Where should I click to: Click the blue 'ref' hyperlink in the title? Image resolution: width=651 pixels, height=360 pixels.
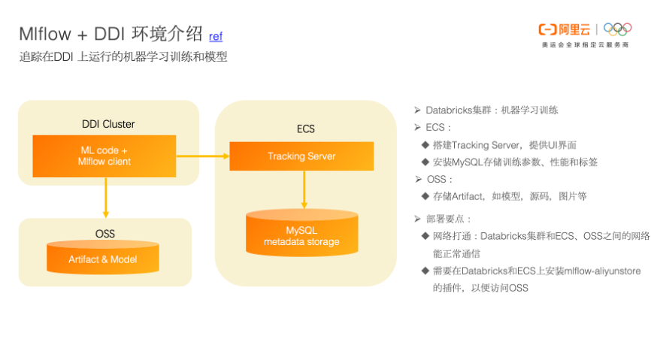(x=215, y=35)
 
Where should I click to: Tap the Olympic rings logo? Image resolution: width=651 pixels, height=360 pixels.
(x=617, y=29)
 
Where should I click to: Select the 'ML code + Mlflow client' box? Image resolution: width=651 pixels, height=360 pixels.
(x=104, y=156)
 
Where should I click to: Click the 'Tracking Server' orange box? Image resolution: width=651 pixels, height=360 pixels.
(x=301, y=156)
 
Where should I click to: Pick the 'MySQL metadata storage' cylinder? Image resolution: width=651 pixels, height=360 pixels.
(x=301, y=235)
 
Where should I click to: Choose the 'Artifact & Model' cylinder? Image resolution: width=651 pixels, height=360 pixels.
(x=103, y=259)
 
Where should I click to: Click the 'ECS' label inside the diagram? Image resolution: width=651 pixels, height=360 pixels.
(x=305, y=129)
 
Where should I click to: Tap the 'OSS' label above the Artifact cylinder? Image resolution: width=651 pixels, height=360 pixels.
(x=104, y=234)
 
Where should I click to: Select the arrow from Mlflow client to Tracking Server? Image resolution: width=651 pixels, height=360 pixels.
(x=202, y=156)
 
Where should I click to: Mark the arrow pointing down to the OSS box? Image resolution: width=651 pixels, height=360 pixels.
(x=106, y=198)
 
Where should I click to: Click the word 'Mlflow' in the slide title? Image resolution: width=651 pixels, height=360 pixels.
(x=47, y=34)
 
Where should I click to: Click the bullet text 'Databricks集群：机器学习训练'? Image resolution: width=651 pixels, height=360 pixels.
(x=492, y=110)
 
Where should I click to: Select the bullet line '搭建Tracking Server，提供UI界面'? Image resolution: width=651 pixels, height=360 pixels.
(x=504, y=144)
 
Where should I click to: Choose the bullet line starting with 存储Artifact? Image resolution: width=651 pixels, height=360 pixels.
(x=510, y=196)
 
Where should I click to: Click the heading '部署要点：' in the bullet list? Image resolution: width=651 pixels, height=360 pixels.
(x=450, y=219)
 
